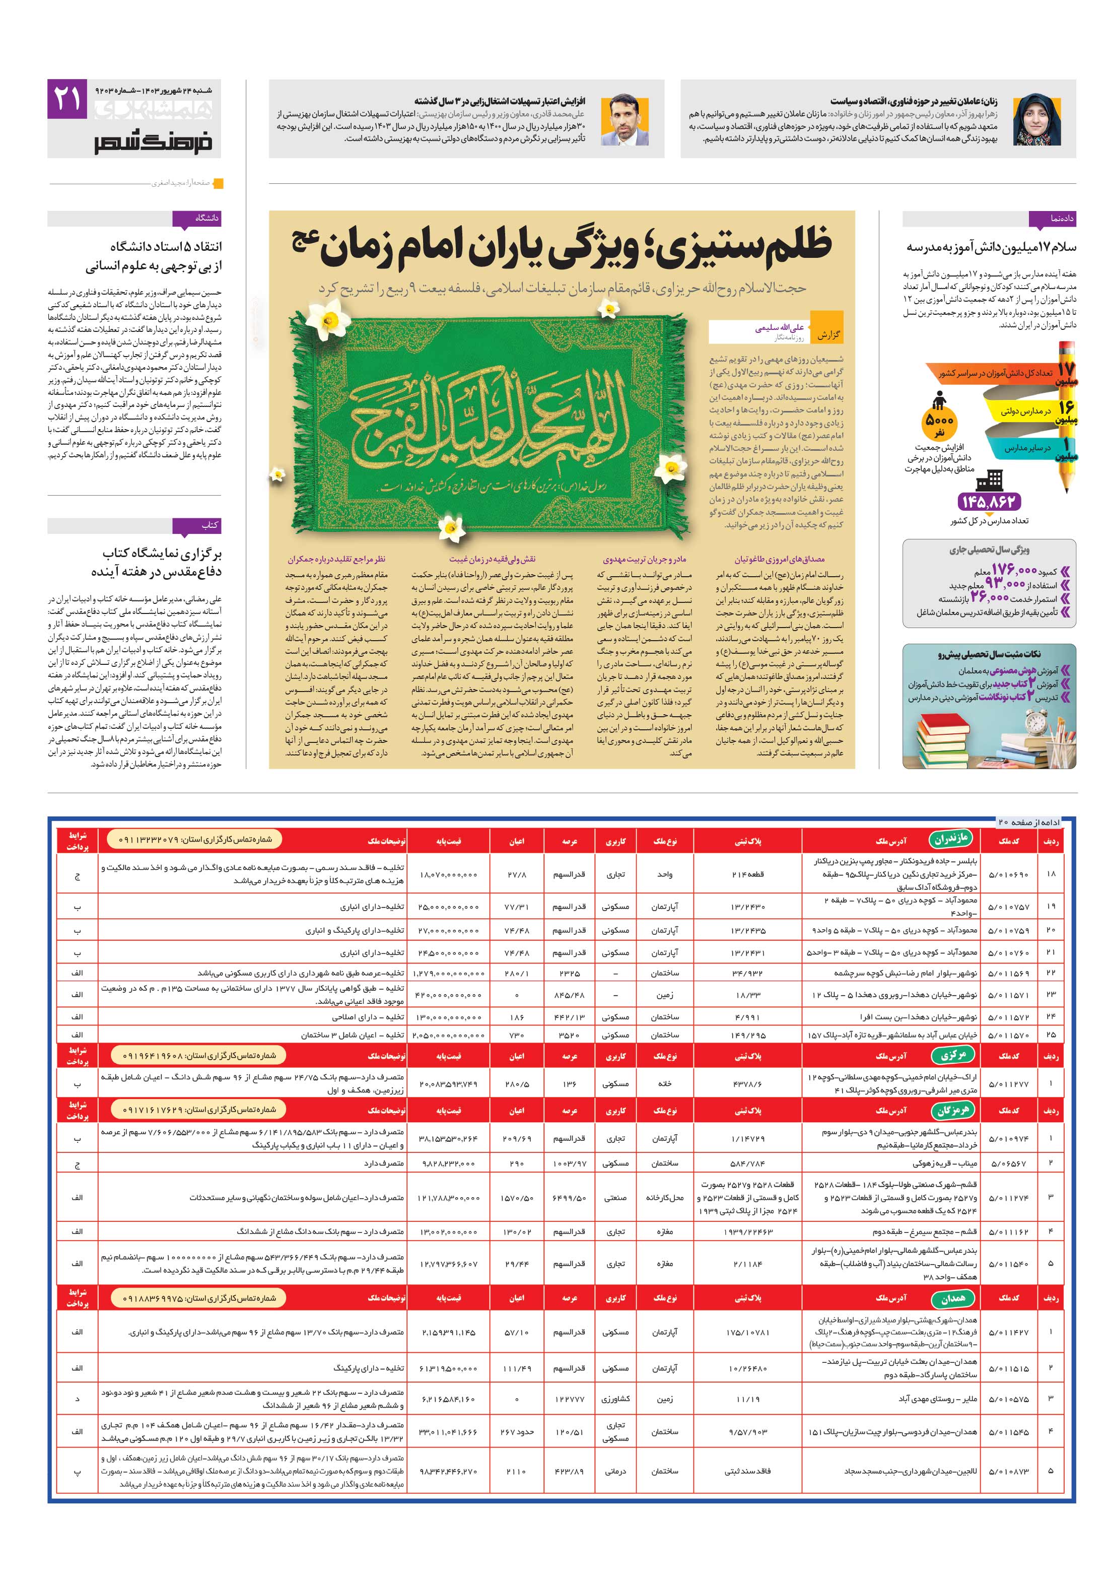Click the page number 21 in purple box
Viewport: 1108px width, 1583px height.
coord(67,99)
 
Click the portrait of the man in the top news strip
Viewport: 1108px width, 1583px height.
coord(624,120)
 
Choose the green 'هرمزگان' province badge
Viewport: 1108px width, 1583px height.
coord(953,1110)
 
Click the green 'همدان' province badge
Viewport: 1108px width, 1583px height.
coord(953,1298)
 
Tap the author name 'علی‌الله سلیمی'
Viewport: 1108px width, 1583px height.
coord(779,329)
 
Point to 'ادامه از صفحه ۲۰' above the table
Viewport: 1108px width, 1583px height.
coord(1027,822)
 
